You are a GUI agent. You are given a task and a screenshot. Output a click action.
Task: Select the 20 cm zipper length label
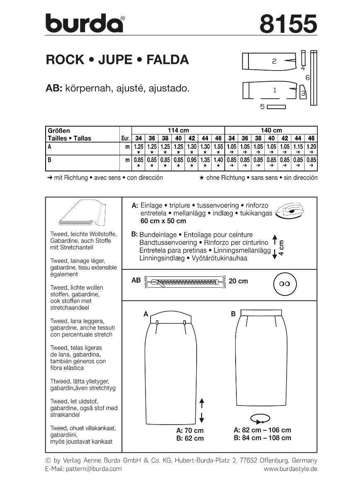(238, 281)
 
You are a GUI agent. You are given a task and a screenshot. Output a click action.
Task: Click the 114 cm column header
(178, 130)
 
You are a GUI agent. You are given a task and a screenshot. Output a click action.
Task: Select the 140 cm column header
(271, 130)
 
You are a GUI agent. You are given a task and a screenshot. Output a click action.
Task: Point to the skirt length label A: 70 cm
(190, 430)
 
